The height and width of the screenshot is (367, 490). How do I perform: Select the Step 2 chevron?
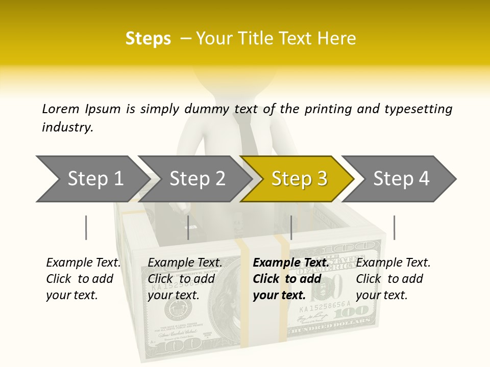pyautogui.click(x=197, y=179)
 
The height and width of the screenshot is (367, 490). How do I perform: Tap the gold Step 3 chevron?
pyautogui.click(x=299, y=179)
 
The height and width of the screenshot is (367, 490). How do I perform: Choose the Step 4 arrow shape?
pyautogui.click(x=401, y=179)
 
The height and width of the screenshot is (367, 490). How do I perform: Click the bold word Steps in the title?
pyautogui.click(x=148, y=39)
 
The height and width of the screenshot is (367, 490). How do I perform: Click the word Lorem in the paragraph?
pyautogui.click(x=61, y=109)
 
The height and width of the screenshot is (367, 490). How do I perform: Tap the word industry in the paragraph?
pyautogui.click(x=67, y=127)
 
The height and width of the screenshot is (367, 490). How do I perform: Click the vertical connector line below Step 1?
pyautogui.click(x=86, y=227)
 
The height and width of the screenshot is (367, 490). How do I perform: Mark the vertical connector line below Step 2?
pyautogui.click(x=188, y=227)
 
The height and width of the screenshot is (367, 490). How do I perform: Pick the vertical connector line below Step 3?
pyautogui.click(x=291, y=227)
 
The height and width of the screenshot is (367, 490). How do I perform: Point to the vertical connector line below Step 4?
pyautogui.click(x=394, y=227)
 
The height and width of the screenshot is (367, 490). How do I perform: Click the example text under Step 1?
pyautogui.click(x=83, y=279)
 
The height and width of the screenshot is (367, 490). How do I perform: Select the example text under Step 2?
pyautogui.click(x=185, y=279)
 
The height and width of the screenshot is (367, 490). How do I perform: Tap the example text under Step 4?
pyautogui.click(x=393, y=279)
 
